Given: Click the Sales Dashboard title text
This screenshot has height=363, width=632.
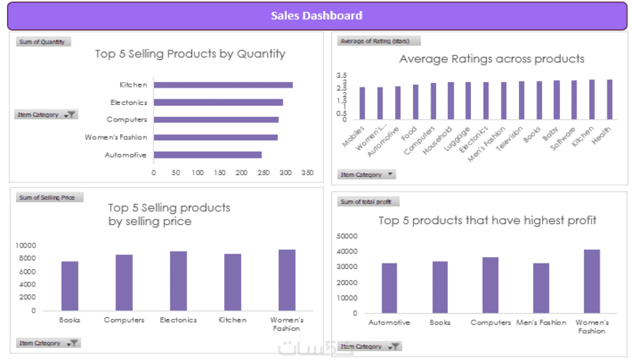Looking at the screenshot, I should (x=316, y=16).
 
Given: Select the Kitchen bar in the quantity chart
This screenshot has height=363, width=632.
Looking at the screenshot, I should (x=223, y=84).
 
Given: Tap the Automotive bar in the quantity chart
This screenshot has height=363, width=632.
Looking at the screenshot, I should (x=207, y=155).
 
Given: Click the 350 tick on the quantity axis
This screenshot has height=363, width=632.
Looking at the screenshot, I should (x=307, y=172).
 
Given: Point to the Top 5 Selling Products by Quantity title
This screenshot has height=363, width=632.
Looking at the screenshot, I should (x=190, y=54).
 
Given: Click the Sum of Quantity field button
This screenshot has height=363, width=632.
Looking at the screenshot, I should (x=43, y=42).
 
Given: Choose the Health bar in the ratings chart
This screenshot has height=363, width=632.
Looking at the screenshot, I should (x=609, y=99).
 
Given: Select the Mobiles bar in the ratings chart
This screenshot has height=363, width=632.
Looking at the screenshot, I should (x=362, y=103).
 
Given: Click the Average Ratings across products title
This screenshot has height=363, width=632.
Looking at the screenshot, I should (x=491, y=58).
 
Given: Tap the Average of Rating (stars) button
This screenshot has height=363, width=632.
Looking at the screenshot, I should (x=378, y=41).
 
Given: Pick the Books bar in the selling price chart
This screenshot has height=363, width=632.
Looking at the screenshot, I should (x=70, y=286).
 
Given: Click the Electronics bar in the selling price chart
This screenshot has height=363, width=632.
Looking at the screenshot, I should (x=179, y=281).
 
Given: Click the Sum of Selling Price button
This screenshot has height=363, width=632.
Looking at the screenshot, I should (x=49, y=197).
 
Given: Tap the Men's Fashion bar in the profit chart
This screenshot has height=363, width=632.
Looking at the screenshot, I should (x=541, y=288).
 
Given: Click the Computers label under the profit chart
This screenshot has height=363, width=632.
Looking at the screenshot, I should (x=491, y=322).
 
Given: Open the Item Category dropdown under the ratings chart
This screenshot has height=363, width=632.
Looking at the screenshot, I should (x=366, y=174).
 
